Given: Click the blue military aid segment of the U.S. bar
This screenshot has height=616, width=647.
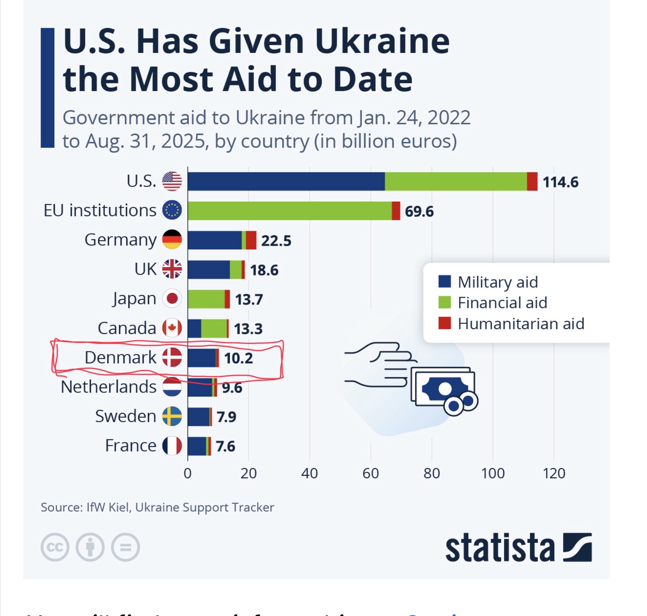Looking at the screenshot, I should (286, 181).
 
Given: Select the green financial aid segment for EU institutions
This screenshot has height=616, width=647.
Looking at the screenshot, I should (290, 210).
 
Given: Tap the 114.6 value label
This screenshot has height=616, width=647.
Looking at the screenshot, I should (560, 182).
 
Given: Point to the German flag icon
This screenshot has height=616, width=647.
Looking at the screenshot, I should (172, 239).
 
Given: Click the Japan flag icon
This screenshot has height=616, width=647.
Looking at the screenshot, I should (172, 299).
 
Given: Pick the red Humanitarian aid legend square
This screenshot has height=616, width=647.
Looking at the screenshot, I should (445, 323).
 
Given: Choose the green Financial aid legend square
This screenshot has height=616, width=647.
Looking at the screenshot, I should (445, 302).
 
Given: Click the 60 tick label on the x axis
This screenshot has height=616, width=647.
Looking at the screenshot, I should (370, 473).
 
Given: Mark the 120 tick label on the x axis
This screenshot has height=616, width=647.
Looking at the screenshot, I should (554, 473).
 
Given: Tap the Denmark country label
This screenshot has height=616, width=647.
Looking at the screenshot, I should (120, 358).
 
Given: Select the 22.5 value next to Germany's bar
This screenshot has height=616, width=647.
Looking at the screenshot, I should (276, 241).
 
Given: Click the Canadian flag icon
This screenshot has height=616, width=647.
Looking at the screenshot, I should (172, 328).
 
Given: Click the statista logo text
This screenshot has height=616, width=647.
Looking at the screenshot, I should (500, 548).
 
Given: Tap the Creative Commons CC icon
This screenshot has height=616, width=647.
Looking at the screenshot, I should (55, 547).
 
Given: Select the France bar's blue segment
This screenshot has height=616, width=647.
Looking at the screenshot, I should (197, 446).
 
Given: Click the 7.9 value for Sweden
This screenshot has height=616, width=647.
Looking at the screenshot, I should (226, 417).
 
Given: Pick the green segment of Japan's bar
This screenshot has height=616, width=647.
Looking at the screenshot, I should (206, 299).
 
